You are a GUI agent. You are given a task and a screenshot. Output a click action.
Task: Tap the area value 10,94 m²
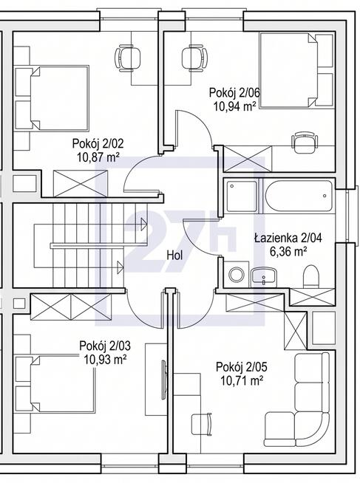235,107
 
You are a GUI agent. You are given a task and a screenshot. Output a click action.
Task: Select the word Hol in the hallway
174,255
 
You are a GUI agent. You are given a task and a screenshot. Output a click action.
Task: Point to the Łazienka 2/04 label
288,238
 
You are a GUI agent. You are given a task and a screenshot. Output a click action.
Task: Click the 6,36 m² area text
288,253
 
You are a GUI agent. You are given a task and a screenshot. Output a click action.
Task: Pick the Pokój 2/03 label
105,346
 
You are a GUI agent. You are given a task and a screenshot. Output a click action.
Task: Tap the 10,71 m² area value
242,381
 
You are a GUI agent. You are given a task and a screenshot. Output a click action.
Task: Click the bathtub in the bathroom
298,196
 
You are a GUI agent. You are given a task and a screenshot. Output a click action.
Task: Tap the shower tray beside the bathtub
242,196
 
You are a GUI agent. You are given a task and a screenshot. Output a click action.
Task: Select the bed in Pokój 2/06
288,71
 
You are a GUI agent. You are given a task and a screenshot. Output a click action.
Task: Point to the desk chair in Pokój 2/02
127,58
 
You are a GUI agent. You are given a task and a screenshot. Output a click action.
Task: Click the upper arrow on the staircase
144,224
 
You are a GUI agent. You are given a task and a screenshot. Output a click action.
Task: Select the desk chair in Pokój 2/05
202,424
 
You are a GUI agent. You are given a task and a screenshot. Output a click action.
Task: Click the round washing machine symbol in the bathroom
237,275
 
